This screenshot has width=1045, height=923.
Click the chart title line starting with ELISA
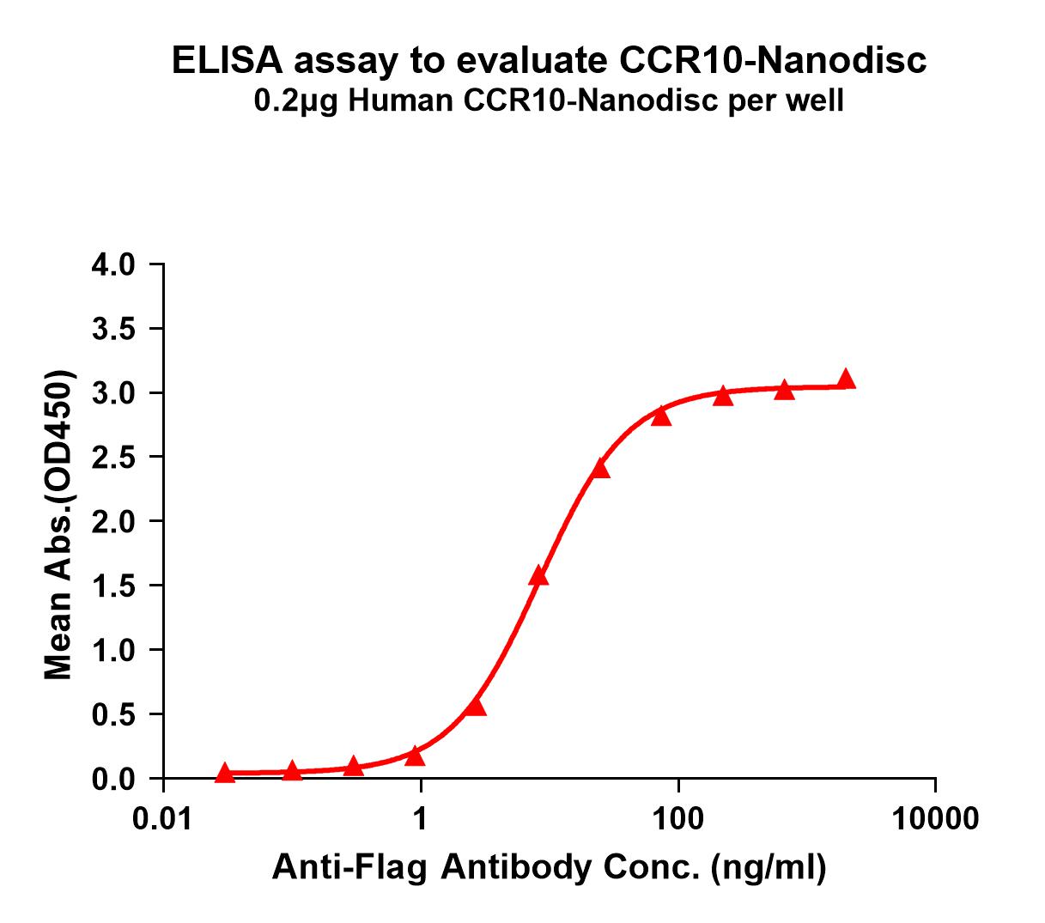[x=550, y=61]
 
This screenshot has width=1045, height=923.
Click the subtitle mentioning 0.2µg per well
[x=550, y=101]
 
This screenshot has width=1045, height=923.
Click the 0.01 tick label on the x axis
[x=162, y=818]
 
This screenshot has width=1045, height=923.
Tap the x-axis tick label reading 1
[x=421, y=818]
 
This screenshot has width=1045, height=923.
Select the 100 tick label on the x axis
[x=678, y=818]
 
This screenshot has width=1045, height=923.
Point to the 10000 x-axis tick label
[x=935, y=818]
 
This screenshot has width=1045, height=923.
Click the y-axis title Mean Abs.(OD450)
[x=59, y=526]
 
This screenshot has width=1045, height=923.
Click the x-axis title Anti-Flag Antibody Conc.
[x=550, y=868]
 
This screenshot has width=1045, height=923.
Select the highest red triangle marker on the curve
[x=847, y=379]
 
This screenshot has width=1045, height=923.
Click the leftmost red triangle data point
[x=225, y=773]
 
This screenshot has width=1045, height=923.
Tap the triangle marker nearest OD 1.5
[x=538, y=576]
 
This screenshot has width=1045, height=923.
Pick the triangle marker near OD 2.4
[x=600, y=469]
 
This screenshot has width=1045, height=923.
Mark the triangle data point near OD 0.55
[x=476, y=707]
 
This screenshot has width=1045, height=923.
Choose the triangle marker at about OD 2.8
[x=660, y=416]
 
